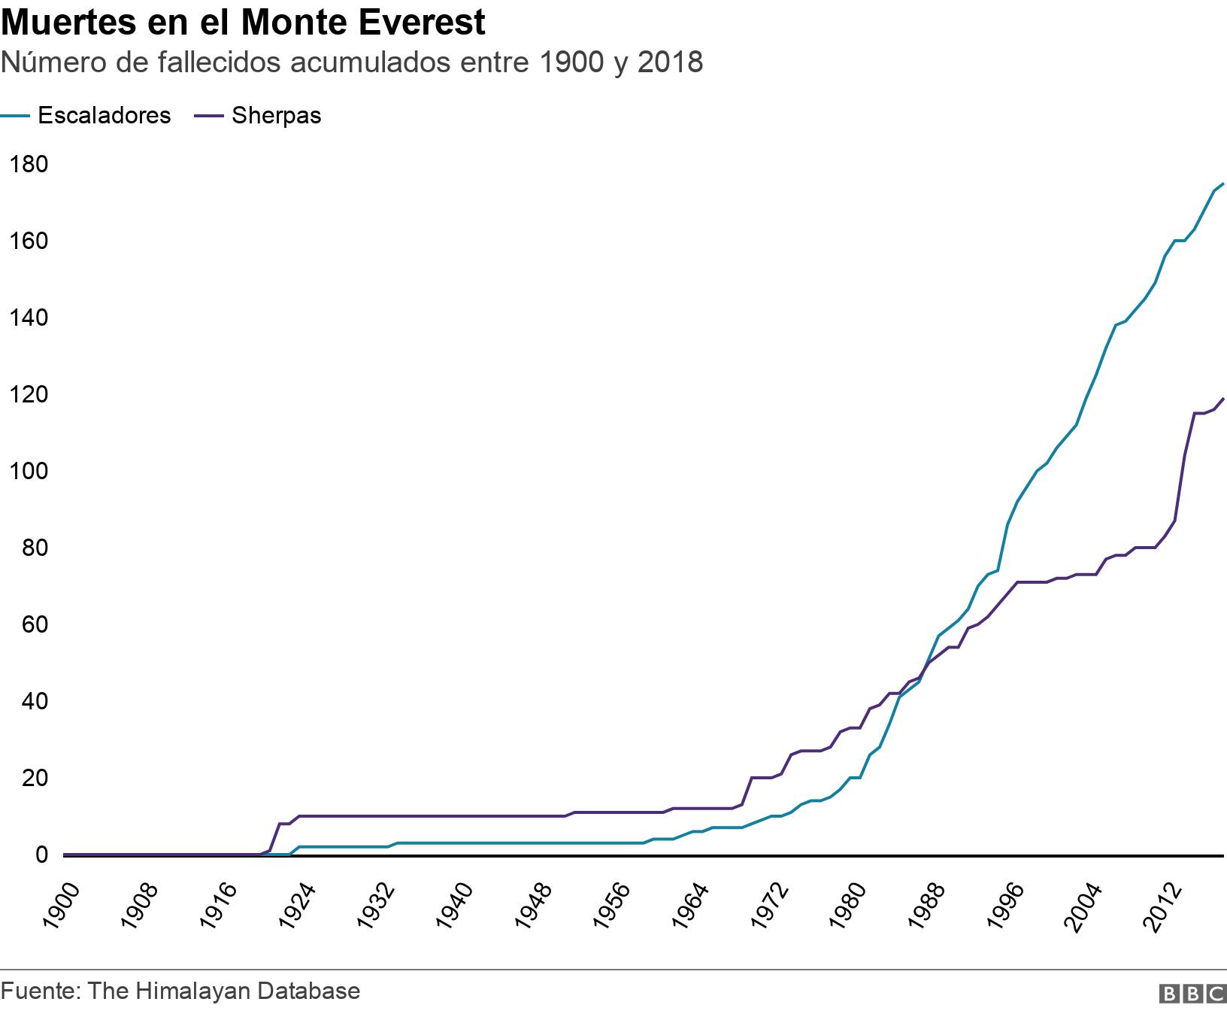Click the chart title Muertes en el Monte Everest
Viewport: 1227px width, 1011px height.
tap(243, 23)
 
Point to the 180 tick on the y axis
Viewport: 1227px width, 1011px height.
tap(26, 164)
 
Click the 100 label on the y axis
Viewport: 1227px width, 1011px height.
tap(26, 471)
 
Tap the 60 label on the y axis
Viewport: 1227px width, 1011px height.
tap(32, 624)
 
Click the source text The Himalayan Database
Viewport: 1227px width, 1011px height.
tap(223, 991)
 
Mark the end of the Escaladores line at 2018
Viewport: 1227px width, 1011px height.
tap(1222, 184)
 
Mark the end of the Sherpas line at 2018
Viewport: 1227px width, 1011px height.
tap(1222, 399)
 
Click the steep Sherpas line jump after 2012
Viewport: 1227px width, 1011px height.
tap(1185, 456)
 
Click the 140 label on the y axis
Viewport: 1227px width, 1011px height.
tap(26, 317)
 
